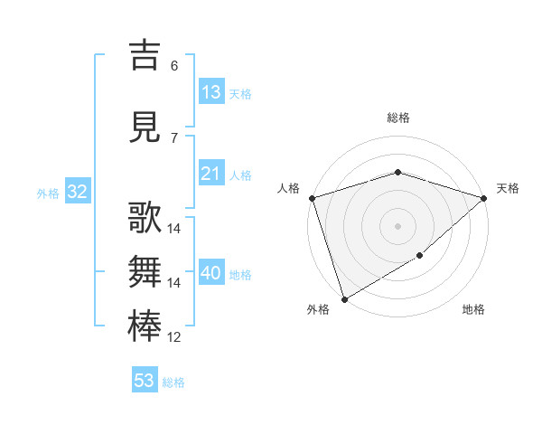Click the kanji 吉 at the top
tap(145, 56)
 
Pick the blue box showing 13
tap(211, 92)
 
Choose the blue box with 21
tap(211, 174)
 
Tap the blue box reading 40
tap(211, 273)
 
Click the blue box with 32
tap(77, 192)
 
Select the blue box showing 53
tap(145, 381)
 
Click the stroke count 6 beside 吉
tap(174, 66)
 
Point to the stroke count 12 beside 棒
tap(174, 337)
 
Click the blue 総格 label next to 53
tap(173, 382)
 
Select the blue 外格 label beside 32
tap(48, 193)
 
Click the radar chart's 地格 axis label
tap(473, 310)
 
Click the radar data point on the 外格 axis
tap(344, 298)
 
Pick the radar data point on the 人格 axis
tap(312, 197)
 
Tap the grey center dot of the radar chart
tap(397, 225)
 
